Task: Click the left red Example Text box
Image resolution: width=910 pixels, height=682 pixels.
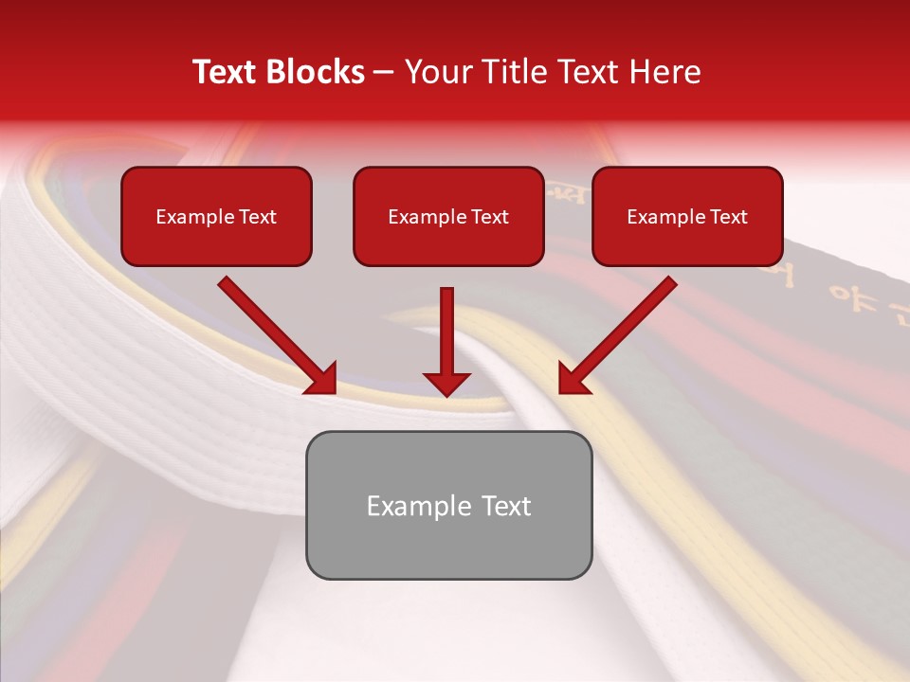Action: (x=216, y=216)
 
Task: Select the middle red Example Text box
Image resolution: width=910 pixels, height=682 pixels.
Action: (x=448, y=216)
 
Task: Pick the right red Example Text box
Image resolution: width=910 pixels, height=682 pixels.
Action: (x=687, y=216)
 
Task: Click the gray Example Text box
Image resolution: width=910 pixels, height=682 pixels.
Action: (x=448, y=505)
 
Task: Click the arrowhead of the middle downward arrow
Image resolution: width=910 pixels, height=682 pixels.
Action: (x=446, y=383)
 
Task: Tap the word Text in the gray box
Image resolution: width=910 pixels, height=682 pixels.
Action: (x=506, y=506)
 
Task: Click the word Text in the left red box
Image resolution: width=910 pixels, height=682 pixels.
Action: (x=257, y=217)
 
